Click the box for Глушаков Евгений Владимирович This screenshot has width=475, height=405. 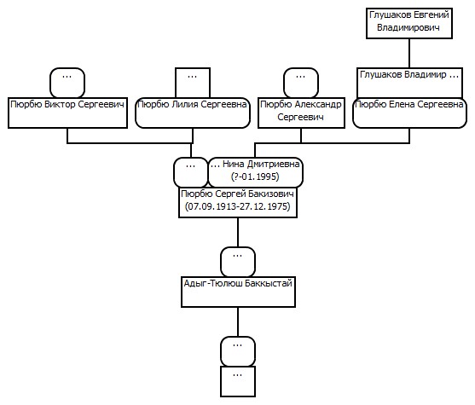(409, 23)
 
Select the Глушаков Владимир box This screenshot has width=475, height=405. (409, 83)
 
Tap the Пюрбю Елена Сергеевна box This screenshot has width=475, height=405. (409, 113)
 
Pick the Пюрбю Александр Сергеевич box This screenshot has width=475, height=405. (301, 113)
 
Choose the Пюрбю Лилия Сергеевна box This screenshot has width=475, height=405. (193, 113)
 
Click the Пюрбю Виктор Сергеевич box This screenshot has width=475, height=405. (67, 113)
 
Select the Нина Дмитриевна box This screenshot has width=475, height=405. (255, 172)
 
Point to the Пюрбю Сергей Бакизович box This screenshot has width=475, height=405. (238, 202)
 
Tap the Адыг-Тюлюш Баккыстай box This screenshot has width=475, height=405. (238, 292)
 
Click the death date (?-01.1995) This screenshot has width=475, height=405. (255, 176)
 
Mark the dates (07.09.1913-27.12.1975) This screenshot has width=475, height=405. (238, 206)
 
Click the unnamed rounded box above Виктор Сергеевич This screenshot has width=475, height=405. (67, 83)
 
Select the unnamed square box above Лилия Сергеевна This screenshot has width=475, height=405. (193, 83)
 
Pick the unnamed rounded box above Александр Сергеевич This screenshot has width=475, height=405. (301, 83)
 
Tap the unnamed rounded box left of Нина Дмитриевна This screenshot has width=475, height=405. (191, 172)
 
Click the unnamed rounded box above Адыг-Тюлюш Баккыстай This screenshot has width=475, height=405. (238, 262)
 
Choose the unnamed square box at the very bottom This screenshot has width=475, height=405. (238, 381)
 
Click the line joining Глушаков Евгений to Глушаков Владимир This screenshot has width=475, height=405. (409, 54)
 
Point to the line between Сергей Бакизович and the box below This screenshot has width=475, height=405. (238, 232)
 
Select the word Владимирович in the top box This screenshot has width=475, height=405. (408, 27)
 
